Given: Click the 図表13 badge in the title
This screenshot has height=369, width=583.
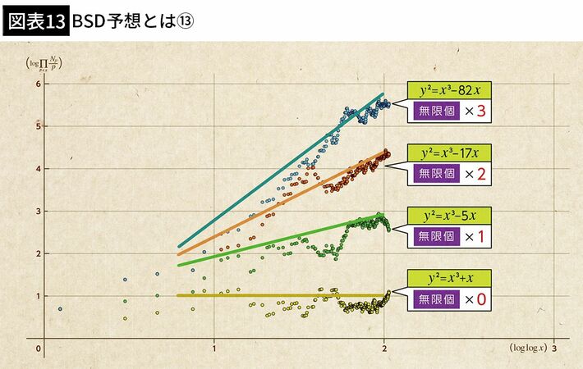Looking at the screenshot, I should (x=35, y=20).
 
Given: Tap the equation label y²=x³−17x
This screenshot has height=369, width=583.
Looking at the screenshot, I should (x=450, y=153).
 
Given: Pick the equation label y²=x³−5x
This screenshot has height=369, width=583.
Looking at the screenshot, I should (x=450, y=216).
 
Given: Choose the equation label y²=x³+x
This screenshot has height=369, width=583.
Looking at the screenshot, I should (x=450, y=279).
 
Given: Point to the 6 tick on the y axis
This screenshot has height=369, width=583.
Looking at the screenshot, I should (x=38, y=84).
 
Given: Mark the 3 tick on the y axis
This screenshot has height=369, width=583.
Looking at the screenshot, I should (x=38, y=211).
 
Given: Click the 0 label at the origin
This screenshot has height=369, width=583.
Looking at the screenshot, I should (x=39, y=348).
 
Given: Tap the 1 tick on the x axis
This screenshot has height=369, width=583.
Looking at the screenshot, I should (x=215, y=348).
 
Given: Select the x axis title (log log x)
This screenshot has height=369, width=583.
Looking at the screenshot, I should (x=528, y=348).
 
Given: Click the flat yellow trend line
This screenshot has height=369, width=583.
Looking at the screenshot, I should (x=279, y=295).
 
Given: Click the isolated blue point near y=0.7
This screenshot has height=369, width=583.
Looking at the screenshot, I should (x=60, y=308).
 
